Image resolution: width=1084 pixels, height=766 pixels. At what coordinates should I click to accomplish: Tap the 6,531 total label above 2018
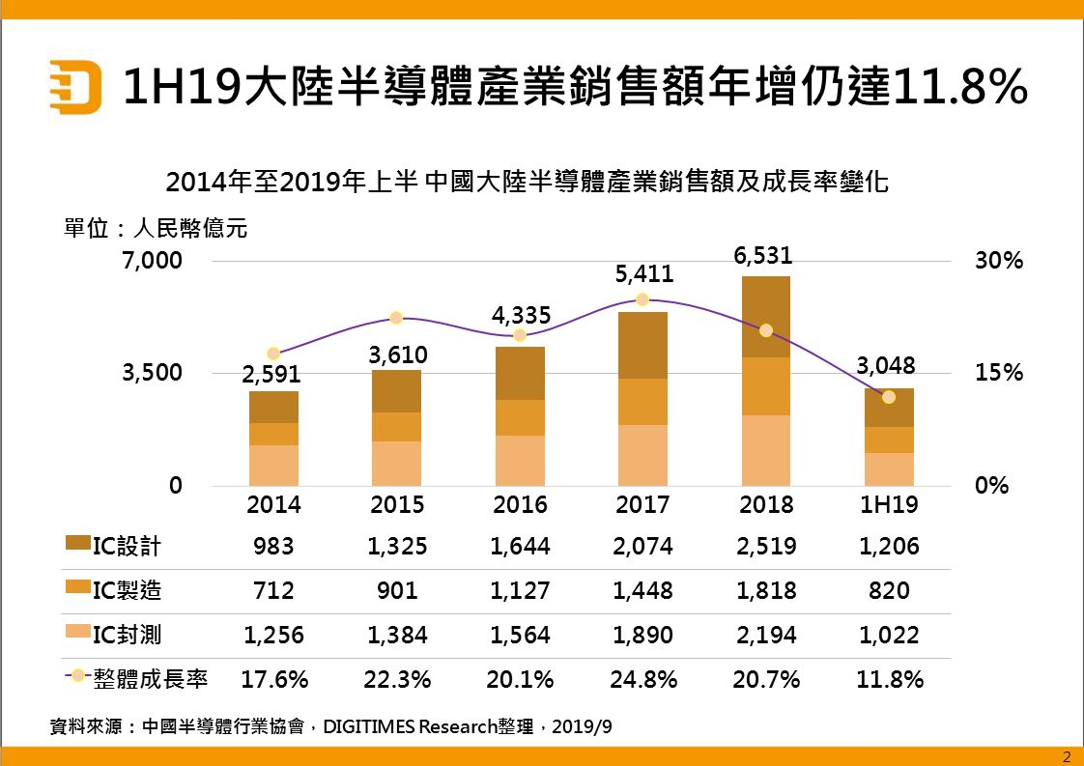click(766, 255)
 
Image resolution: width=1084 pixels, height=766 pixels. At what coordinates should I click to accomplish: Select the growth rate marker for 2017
click(642, 299)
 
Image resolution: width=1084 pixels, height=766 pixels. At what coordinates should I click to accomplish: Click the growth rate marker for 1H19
click(889, 397)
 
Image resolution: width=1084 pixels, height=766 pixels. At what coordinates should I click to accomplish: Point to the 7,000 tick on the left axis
click(151, 261)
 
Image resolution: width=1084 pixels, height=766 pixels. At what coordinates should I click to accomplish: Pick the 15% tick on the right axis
click(998, 373)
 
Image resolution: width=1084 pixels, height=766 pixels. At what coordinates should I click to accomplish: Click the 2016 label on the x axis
click(520, 505)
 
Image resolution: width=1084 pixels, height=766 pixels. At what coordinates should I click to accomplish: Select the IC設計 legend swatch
click(77, 545)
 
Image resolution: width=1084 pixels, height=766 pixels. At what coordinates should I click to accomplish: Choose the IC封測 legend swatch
click(77, 634)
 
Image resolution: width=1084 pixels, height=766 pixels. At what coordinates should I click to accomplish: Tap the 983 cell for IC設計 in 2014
click(273, 547)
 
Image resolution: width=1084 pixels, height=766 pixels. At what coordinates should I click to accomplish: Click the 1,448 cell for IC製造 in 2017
click(642, 590)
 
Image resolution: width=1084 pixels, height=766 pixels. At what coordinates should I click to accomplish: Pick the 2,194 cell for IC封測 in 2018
click(766, 635)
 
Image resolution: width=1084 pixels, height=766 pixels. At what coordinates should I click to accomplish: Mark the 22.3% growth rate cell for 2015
click(397, 679)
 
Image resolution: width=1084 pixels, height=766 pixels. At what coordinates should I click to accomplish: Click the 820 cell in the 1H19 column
click(889, 590)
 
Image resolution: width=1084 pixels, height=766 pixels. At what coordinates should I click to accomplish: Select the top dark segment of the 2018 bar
click(766, 317)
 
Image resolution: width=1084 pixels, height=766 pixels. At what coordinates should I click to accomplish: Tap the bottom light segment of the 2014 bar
click(273, 465)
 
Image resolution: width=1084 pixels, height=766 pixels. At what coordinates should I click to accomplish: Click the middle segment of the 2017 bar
click(642, 402)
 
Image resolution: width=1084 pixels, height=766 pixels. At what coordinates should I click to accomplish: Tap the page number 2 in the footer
click(1067, 756)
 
